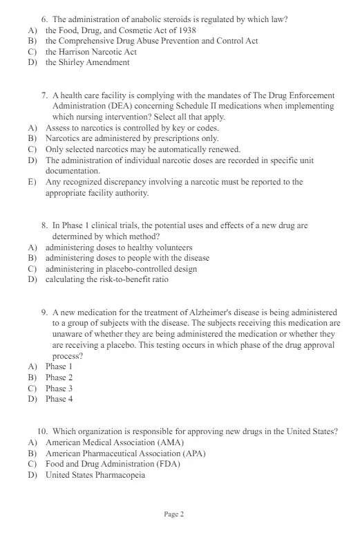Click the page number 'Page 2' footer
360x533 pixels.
[x=174, y=514]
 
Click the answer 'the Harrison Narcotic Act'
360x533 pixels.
[x=91, y=52]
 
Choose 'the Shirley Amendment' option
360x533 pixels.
[x=87, y=62]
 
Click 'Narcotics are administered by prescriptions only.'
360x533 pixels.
[x=132, y=139]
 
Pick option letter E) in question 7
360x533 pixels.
[x=32, y=183]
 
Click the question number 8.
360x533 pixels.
[x=45, y=225]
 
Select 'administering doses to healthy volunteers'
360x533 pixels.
[x=119, y=247]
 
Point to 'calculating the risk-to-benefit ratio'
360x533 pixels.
[x=106, y=280]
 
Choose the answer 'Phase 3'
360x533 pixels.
[x=59, y=389]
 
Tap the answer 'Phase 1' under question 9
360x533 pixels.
[x=59, y=366]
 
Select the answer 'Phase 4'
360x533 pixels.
[x=59, y=399]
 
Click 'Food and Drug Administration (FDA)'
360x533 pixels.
[x=113, y=464]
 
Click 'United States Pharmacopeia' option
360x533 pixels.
[x=95, y=475]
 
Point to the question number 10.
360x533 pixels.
[x=43, y=431]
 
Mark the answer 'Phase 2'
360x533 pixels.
[x=59, y=377]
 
